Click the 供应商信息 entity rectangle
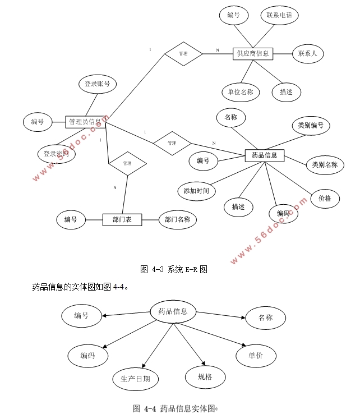(x=252, y=54)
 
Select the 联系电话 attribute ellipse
(x=279, y=15)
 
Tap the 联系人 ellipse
(x=308, y=54)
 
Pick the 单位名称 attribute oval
(x=241, y=92)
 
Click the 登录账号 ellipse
(x=97, y=84)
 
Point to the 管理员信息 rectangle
(x=85, y=121)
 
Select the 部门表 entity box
(x=122, y=220)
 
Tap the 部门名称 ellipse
(x=178, y=219)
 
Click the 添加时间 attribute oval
(x=196, y=191)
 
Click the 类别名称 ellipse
(x=325, y=164)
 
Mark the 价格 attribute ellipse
(x=325, y=199)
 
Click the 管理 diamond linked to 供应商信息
(x=183, y=54)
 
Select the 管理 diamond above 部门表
(x=127, y=163)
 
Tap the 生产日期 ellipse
(x=135, y=379)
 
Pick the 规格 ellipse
(x=205, y=377)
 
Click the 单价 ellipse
(x=255, y=355)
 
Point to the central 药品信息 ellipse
(x=173, y=312)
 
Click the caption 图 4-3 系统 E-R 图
(x=173, y=269)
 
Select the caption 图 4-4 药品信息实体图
(x=174, y=408)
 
